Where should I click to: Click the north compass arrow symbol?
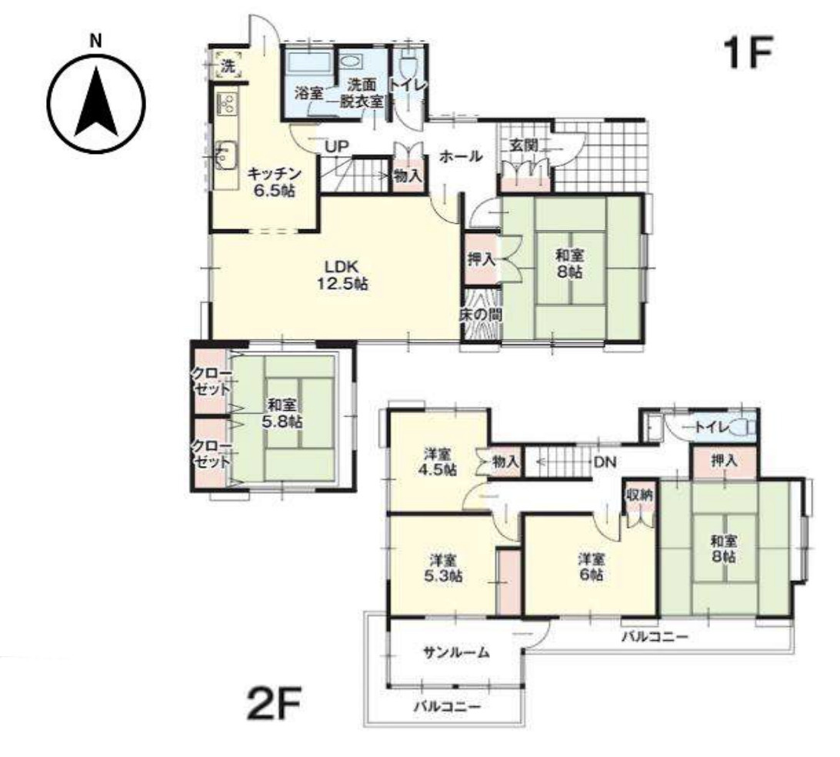pyautogui.click(x=96, y=102)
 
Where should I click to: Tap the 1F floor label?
pyautogui.click(x=748, y=52)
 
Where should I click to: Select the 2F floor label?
pyautogui.click(x=275, y=703)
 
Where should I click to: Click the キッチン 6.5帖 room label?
pyautogui.click(x=275, y=182)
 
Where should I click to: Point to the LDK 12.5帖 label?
pyautogui.click(x=342, y=275)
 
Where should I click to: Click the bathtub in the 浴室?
pyautogui.click(x=306, y=62)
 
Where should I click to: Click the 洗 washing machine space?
pyautogui.click(x=228, y=66)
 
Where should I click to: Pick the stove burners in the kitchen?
pyautogui.click(x=227, y=102)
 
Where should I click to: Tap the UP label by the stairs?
pyautogui.click(x=336, y=146)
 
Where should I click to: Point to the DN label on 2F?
pyautogui.click(x=605, y=462)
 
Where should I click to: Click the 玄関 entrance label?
pyautogui.click(x=523, y=145)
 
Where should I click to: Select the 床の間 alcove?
pyautogui.click(x=481, y=315)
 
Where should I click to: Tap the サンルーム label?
pyautogui.click(x=456, y=652)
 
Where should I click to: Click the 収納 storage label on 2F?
pyautogui.click(x=640, y=495)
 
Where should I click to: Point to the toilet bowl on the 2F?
pyautogui.click(x=745, y=427)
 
